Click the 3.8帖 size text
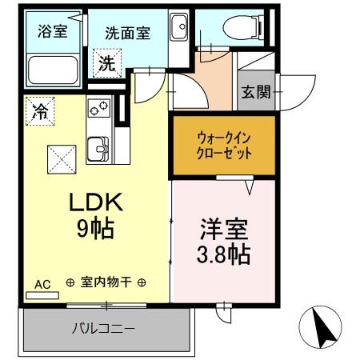224,254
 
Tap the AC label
42,283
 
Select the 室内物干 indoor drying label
106,283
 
